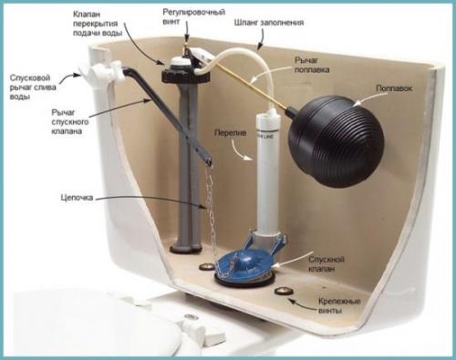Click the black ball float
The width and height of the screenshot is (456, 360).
(x=336, y=140)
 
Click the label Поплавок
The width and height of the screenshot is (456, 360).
(x=394, y=88)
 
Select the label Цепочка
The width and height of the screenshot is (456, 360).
(x=77, y=198)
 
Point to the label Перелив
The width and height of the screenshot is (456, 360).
(x=231, y=133)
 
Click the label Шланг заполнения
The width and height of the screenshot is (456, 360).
(x=269, y=23)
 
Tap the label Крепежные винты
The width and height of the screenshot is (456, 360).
(x=339, y=306)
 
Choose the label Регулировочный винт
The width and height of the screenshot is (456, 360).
(x=194, y=16)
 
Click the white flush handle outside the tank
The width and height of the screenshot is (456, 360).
(x=102, y=72)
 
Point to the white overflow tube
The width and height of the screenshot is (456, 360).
(x=267, y=173)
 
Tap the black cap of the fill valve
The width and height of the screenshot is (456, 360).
(x=186, y=71)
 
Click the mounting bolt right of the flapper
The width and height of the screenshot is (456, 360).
(x=284, y=291)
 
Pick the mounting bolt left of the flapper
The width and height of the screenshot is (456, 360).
(x=207, y=267)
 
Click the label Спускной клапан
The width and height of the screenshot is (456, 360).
(x=326, y=264)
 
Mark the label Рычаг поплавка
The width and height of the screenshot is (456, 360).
(x=312, y=65)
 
